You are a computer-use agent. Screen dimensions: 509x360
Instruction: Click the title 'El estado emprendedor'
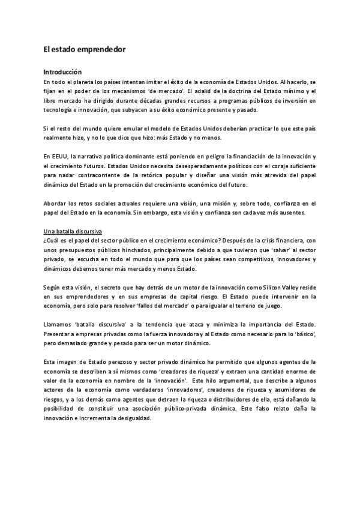click(x=85, y=51)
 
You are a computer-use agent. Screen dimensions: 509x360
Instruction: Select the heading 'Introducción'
click(x=65, y=71)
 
